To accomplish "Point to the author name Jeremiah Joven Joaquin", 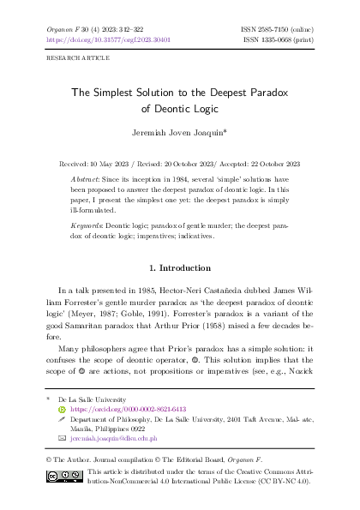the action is (179, 135).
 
